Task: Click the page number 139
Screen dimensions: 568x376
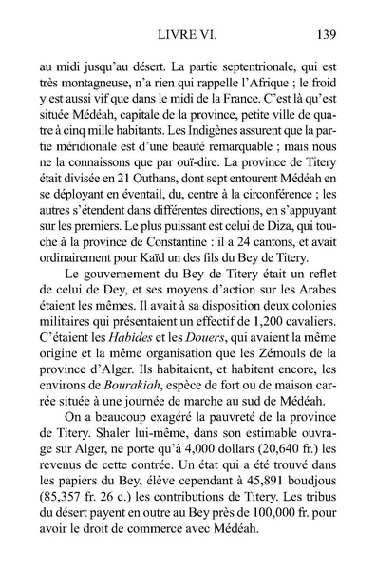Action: click(x=323, y=37)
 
